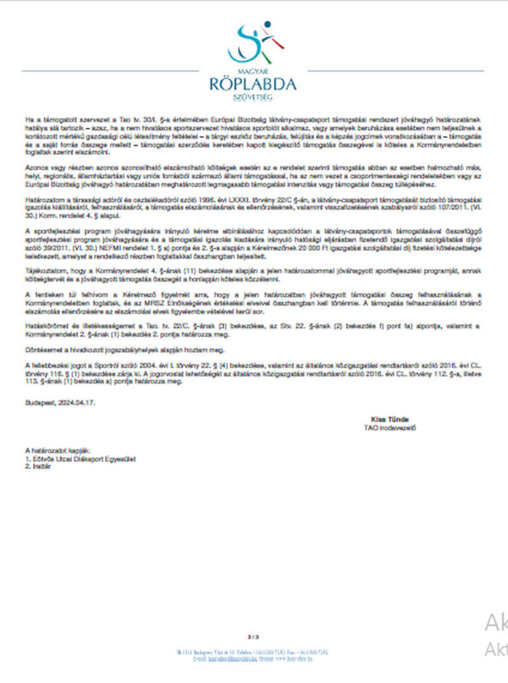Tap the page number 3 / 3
(x=253, y=636)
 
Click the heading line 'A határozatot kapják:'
(x=58, y=450)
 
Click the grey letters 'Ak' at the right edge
(x=496, y=624)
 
